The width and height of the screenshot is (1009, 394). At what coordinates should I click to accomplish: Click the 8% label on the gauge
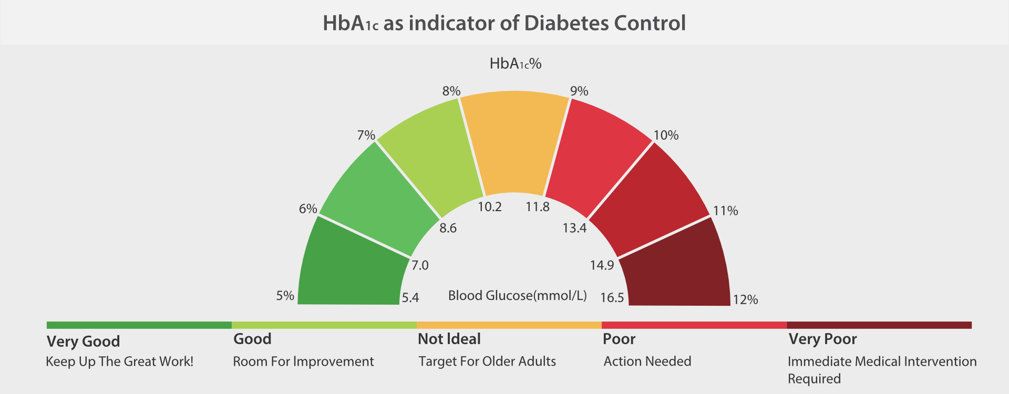tap(451, 91)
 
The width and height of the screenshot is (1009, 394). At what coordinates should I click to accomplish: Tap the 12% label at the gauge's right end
tap(745, 300)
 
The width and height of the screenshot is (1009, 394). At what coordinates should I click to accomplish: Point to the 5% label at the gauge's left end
tap(285, 296)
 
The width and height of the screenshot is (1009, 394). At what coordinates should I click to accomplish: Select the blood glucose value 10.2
tap(489, 207)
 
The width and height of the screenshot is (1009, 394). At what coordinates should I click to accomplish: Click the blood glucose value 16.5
tap(612, 298)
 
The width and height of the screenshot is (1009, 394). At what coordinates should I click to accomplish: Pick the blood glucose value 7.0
tap(420, 265)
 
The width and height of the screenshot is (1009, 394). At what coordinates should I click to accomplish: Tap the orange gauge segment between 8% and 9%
tap(514, 142)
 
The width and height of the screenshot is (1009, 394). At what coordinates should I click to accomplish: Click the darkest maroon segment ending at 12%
tap(678, 268)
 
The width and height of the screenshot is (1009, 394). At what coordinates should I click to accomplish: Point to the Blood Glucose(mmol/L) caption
tap(517, 296)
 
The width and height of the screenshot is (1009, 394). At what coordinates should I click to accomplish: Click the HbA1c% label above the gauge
tap(515, 64)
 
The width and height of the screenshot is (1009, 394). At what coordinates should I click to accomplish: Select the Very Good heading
tap(83, 341)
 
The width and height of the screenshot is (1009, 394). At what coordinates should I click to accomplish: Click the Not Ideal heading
tap(449, 339)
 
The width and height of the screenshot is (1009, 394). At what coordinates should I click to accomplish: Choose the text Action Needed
tap(647, 361)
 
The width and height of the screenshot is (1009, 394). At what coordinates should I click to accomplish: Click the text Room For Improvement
tap(303, 361)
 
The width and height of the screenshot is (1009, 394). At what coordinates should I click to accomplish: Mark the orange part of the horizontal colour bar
tap(509, 325)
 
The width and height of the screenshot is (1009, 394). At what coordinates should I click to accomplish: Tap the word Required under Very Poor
tap(814, 379)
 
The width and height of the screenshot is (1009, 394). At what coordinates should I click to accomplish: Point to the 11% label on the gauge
tap(725, 211)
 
